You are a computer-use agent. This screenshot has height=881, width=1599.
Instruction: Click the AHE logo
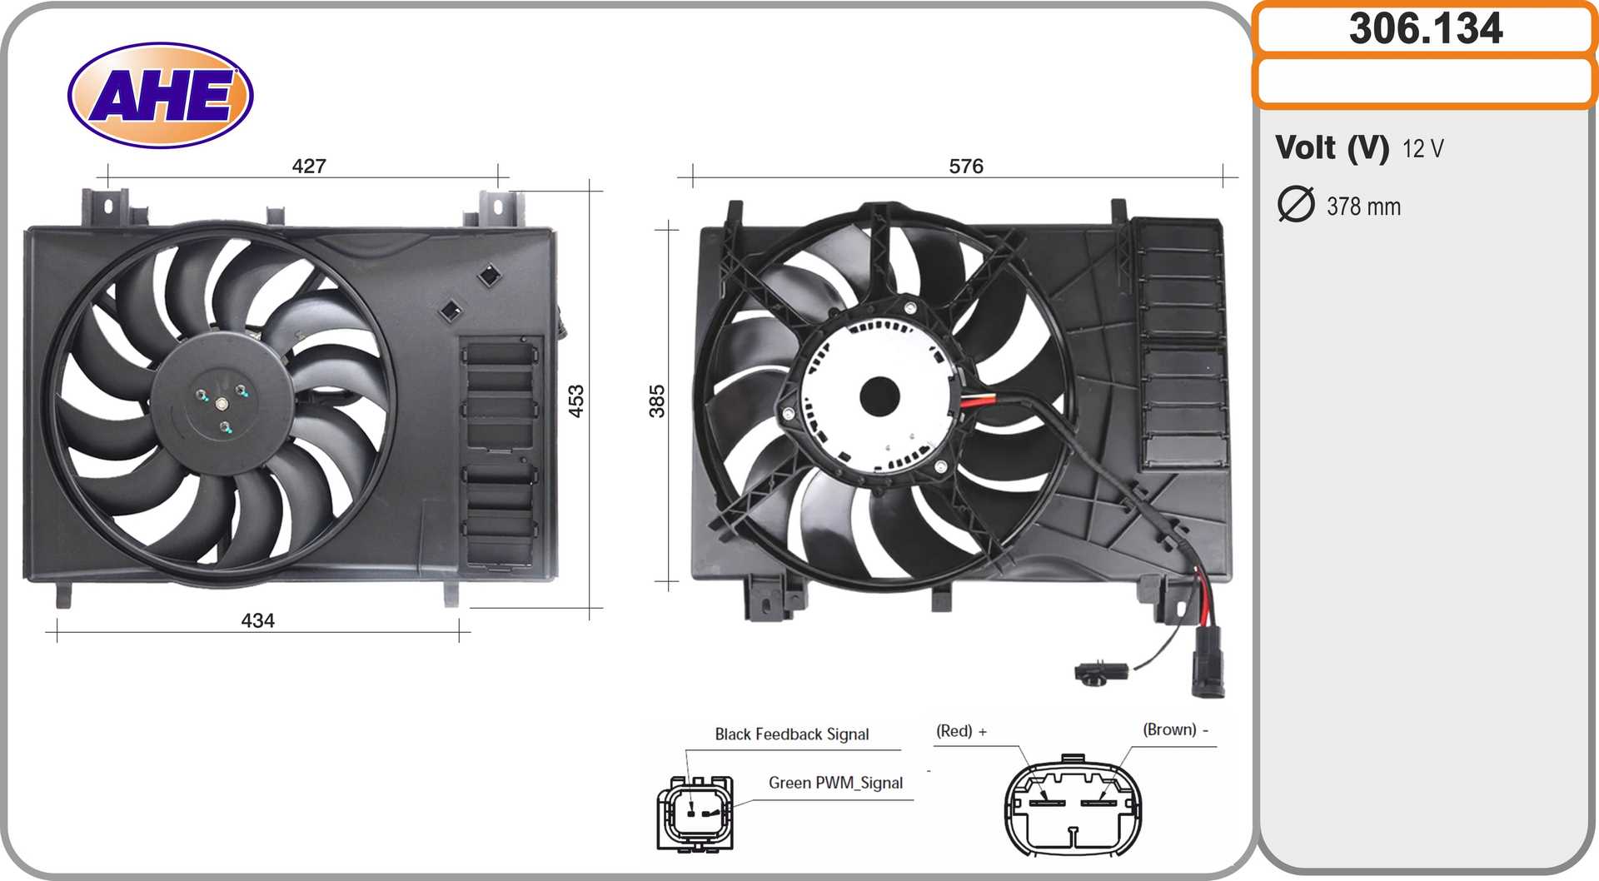pos(160,95)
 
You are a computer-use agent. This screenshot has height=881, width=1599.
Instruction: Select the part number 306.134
pos(1426,28)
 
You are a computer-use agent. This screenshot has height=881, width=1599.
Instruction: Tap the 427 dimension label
pos(309,166)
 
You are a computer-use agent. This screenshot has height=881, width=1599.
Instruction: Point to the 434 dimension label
pos(257,620)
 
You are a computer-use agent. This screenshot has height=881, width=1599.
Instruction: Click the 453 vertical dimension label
pos(575,401)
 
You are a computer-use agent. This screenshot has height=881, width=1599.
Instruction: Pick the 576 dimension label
pos(966,166)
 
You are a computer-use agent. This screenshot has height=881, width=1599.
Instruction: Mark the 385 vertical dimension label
pos(657,401)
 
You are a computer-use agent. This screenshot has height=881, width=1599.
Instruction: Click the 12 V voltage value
pos(1422,148)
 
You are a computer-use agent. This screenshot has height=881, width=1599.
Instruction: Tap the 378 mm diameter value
pos(1363,207)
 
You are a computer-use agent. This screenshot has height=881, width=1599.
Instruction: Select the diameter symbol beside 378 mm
pos(1296,205)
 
